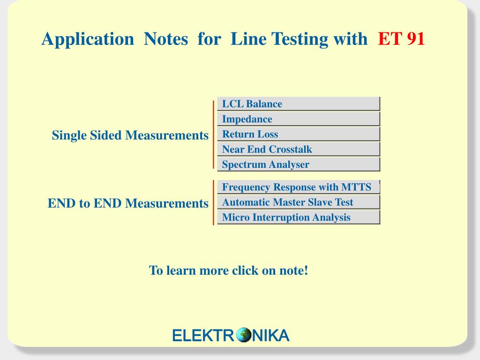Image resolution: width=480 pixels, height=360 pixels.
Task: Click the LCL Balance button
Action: (299, 104)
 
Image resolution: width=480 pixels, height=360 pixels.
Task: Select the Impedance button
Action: (299, 119)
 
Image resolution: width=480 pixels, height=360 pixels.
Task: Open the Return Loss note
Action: (299, 134)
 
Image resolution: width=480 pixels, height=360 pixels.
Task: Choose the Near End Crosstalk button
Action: (299, 149)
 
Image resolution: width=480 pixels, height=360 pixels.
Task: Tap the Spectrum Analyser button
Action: (299, 164)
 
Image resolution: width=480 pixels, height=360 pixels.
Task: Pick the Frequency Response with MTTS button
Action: (299, 187)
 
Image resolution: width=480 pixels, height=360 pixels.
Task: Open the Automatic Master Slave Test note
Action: (299, 202)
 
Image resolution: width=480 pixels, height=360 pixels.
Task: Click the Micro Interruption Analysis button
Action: (299, 217)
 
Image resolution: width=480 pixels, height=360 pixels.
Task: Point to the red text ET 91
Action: (401, 39)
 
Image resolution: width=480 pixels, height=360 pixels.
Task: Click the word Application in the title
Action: (88, 39)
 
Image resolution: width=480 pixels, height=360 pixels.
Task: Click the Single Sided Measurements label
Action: (130, 135)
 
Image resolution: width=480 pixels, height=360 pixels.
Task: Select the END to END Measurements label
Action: (128, 203)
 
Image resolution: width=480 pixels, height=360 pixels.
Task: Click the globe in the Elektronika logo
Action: (244, 335)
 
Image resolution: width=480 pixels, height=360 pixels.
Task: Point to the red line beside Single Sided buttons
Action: (213, 135)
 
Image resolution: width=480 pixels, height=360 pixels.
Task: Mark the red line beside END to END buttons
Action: (213, 202)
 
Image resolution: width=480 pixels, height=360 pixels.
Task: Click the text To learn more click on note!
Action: (228, 270)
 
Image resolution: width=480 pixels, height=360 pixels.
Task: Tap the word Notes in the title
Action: (166, 39)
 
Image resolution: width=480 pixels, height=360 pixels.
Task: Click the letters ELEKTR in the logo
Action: (204, 335)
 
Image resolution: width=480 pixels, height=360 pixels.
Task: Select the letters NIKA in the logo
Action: (270, 335)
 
